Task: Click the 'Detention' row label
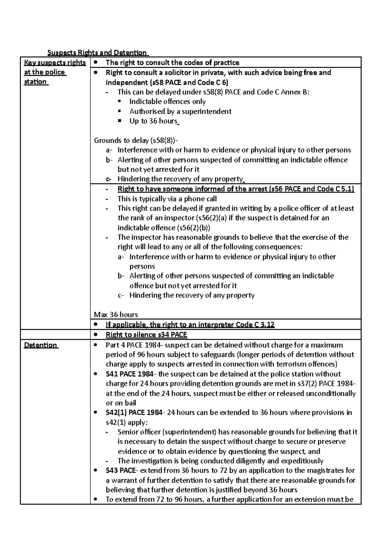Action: [41, 345]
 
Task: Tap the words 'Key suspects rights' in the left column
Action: [55, 62]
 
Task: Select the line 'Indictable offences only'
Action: [167, 102]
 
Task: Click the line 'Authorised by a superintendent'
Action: [180, 111]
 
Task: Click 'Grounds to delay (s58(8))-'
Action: [136, 141]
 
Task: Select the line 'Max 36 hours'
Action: [116, 315]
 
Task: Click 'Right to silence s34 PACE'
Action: [146, 335]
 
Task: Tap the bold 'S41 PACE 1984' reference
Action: [129, 374]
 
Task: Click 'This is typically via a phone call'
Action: [167, 199]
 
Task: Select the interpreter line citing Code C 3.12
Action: [190, 325]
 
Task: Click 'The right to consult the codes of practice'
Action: [172, 62]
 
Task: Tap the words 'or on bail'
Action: [121, 403]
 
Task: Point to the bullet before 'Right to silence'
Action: [95, 335]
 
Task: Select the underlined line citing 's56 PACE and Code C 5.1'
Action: [236, 189]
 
